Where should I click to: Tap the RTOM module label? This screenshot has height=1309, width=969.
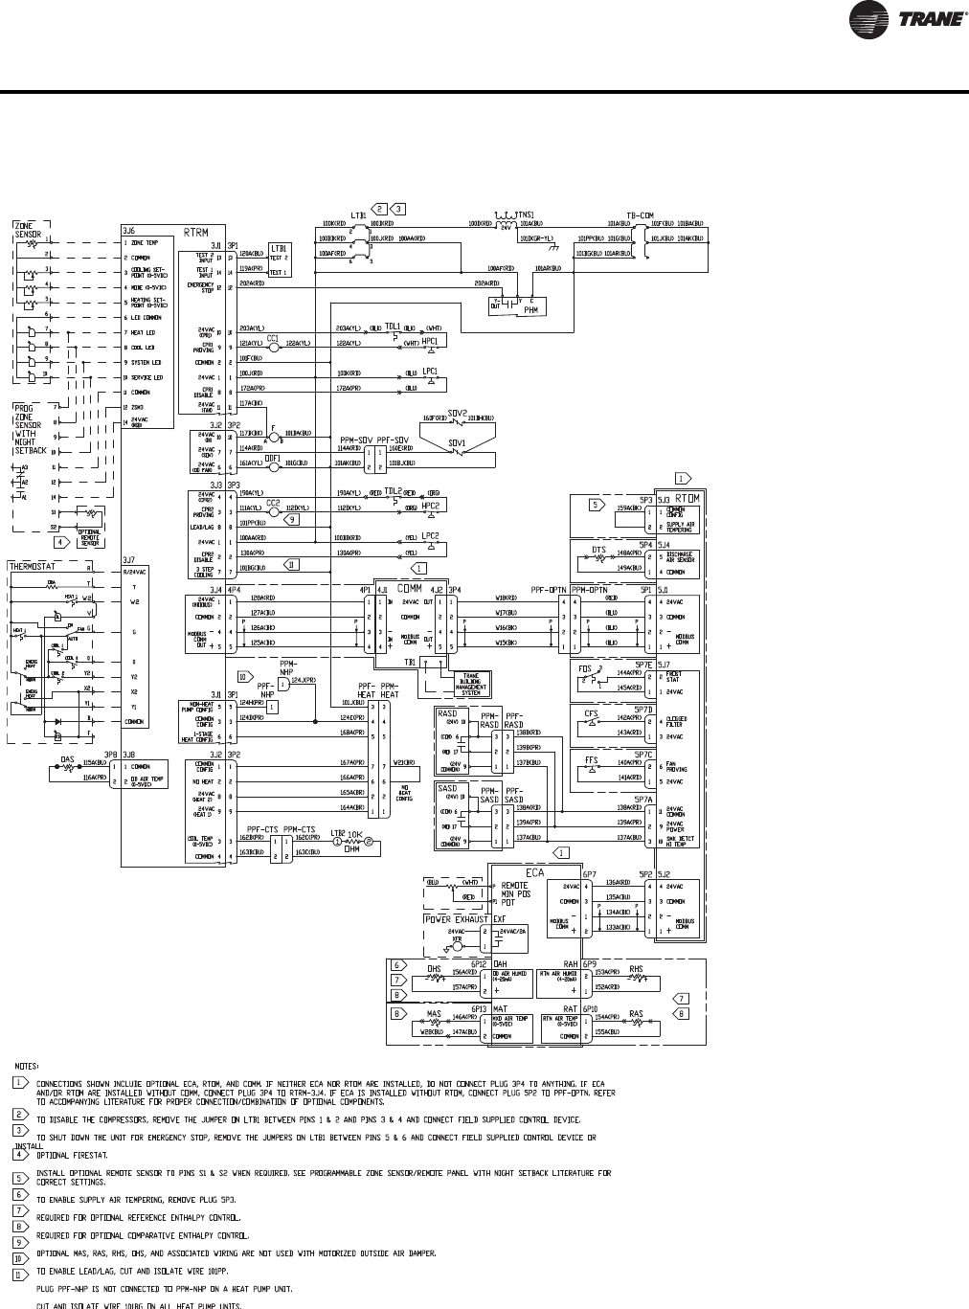point(687,498)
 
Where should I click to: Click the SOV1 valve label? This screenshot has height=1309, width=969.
point(457,443)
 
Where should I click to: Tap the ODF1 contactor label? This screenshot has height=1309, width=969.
point(272,458)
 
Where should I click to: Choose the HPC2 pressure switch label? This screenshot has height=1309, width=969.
point(431,505)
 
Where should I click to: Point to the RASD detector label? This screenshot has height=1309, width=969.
point(446,713)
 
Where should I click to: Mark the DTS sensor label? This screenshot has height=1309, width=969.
point(599,550)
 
